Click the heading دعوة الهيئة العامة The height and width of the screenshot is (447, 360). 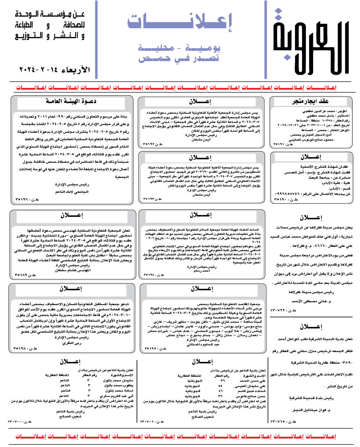coord(71,101)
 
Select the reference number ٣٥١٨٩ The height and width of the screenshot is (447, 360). coord(25,274)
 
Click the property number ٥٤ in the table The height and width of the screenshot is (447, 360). coord(221,386)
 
